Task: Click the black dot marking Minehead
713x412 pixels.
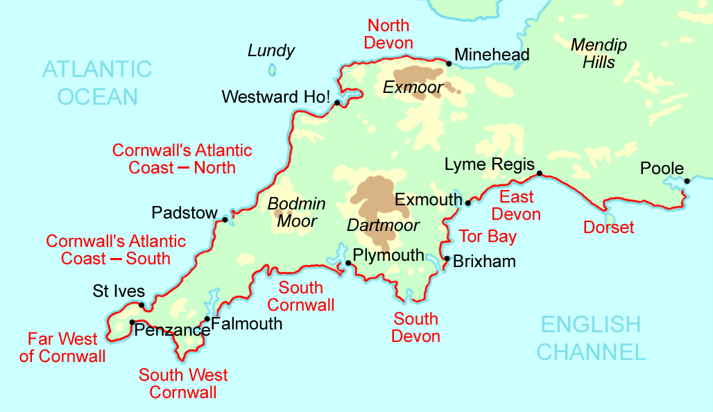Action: coord(449,64)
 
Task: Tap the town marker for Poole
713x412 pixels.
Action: coord(687,181)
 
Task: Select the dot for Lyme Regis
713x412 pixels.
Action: coord(540,173)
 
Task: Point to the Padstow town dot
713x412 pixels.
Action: coord(225,220)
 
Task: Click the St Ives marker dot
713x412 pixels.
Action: coord(141,305)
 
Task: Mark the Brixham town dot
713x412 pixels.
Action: coord(447,259)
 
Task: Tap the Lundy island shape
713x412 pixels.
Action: coord(272,69)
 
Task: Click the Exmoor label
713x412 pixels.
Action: coord(413,88)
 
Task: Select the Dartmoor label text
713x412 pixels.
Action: coord(383,225)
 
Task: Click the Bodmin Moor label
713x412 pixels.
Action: coord(297,213)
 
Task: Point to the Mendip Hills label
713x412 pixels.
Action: coord(599,54)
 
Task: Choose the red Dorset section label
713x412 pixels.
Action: coord(608,228)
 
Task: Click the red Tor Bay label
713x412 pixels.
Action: coord(488,237)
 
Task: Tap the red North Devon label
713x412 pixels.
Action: coord(389,35)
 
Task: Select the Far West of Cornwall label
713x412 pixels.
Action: coord(62,348)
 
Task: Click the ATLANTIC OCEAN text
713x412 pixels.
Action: coord(97,83)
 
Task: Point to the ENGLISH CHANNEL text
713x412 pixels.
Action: coord(591,338)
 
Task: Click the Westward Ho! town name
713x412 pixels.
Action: coord(275,97)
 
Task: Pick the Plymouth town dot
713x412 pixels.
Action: coord(348,264)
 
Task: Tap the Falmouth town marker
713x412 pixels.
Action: coord(207,320)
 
